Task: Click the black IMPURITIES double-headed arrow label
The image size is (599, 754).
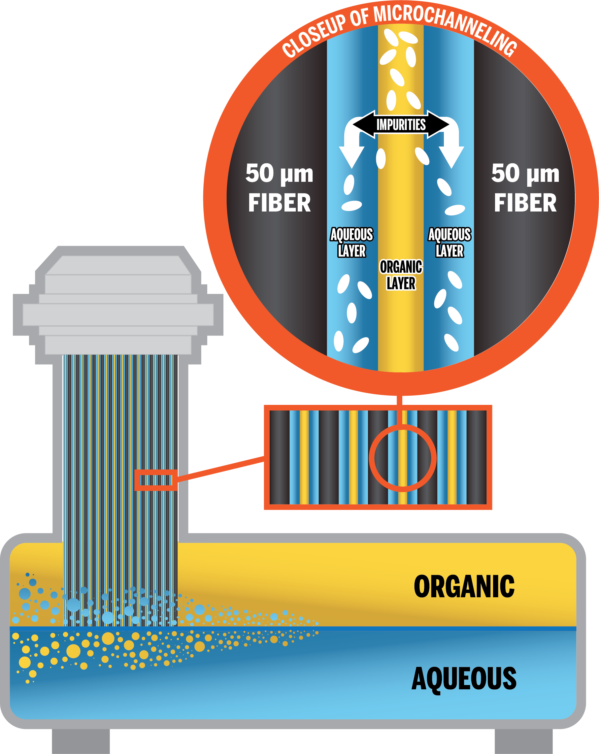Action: point(401,124)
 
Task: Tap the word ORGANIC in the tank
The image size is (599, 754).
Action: point(464,587)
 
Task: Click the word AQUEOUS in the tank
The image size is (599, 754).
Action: point(464,678)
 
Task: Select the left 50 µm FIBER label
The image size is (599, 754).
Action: point(279,188)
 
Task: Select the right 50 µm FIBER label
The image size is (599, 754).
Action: point(525,188)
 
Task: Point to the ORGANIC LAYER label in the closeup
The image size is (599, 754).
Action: point(401,275)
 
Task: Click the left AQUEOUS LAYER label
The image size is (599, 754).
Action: point(351,242)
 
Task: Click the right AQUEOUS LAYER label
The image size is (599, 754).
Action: point(449,242)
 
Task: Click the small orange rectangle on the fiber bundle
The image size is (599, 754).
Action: point(156,480)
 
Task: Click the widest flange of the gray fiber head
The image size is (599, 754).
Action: point(118,314)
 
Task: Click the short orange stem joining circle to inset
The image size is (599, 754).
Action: point(402,401)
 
